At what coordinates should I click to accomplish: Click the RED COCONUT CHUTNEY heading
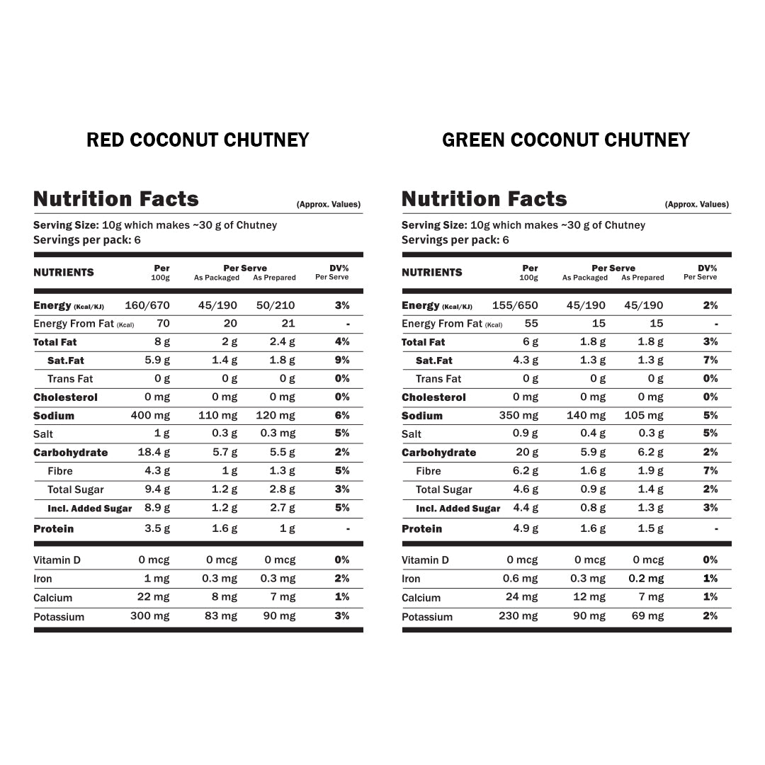pos(198,140)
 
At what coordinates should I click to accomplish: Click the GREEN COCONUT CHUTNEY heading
pos(565,140)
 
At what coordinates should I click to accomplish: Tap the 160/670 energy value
pos(147,305)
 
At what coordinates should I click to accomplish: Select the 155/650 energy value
pos(515,305)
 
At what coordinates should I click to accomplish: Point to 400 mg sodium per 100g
pos(150,416)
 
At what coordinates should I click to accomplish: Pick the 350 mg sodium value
pos(518,416)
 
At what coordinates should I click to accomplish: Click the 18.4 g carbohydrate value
pos(154,453)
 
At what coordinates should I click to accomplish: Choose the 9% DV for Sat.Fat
pos(342,361)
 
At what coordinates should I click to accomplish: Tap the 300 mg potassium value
pos(150,616)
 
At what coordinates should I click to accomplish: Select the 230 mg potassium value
pos(518,616)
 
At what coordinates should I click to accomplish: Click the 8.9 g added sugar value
pos(157,508)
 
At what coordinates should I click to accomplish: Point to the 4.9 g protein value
pos(526,528)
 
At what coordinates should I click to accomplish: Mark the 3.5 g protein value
pos(157,528)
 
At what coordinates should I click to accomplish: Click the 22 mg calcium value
pos(154,597)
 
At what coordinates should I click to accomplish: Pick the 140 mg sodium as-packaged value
pos(586,416)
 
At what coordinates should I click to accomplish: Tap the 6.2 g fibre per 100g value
pos(526,471)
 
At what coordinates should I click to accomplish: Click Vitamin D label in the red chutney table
pos(57,560)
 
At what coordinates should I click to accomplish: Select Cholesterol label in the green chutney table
pos(433,397)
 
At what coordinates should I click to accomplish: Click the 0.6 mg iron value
pos(521,579)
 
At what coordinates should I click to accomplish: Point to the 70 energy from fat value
pos(163,324)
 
